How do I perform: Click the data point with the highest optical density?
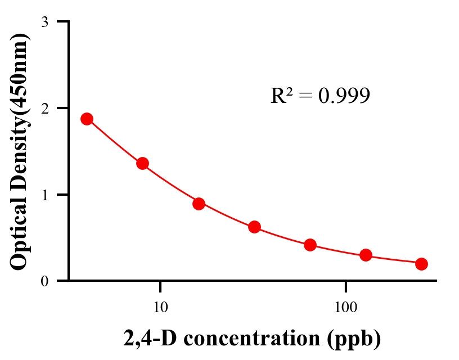click(87, 119)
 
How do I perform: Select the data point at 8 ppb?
click(142, 164)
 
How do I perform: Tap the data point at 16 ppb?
click(199, 204)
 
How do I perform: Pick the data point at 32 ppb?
click(254, 227)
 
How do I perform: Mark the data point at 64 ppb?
click(310, 245)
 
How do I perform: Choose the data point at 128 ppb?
click(366, 255)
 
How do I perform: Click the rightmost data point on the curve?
click(421, 264)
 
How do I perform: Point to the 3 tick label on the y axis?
click(45, 22)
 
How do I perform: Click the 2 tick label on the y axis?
click(45, 108)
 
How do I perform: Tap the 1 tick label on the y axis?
click(45, 195)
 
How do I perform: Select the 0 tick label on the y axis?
click(45, 281)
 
